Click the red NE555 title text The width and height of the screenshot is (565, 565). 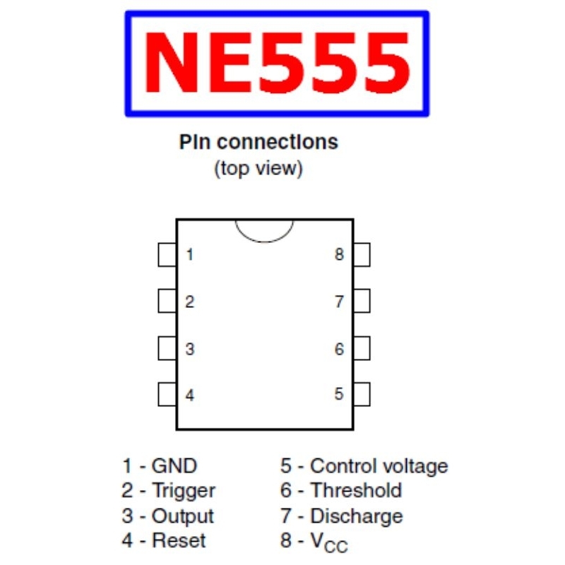tap(277, 62)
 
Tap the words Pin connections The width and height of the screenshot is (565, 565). tap(258, 142)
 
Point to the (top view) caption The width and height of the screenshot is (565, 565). tap(258, 169)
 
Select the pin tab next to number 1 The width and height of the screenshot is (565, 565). tap(167, 255)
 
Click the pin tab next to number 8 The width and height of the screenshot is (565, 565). tap(362, 255)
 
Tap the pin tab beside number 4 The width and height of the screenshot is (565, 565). tap(167, 394)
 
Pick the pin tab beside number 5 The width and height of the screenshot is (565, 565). tap(362, 394)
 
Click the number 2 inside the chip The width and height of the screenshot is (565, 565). tap(189, 302)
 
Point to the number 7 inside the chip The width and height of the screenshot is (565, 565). tap(339, 302)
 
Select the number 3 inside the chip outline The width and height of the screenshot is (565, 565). tap(190, 349)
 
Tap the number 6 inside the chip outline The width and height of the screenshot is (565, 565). tap(339, 349)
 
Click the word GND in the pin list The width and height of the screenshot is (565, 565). tap(174, 465)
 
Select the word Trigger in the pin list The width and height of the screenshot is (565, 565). tap(184, 491)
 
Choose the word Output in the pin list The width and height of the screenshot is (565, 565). tap(183, 516)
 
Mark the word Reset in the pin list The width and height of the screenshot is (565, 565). tap(179, 540)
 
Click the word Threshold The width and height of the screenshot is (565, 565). tap(356, 490)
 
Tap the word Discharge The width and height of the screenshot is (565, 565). tap(357, 516)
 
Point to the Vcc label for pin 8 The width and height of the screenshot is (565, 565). tap(329, 542)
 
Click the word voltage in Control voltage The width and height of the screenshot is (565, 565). tap(415, 466)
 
